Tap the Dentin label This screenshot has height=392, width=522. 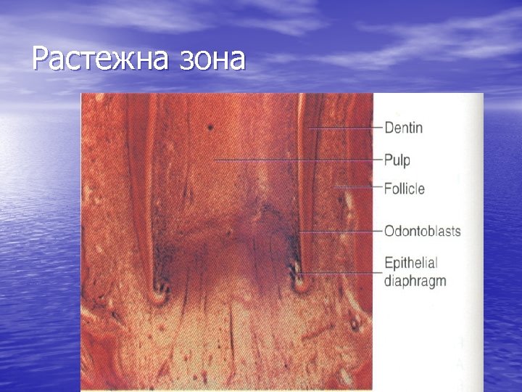(403, 128)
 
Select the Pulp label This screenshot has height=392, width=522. (397, 159)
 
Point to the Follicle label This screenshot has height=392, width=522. (405, 189)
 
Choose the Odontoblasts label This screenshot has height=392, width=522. (422, 232)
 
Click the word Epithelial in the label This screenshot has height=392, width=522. (410, 263)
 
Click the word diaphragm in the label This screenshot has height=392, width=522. (415, 281)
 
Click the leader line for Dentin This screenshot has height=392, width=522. (344, 128)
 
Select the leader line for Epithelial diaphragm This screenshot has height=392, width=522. (341, 272)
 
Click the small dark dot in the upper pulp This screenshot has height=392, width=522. (210, 127)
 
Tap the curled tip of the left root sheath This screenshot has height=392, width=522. (158, 296)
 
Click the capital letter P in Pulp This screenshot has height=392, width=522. (388, 159)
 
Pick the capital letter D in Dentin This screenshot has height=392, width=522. (389, 128)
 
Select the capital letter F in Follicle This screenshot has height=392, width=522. (388, 189)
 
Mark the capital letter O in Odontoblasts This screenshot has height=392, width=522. (389, 232)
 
